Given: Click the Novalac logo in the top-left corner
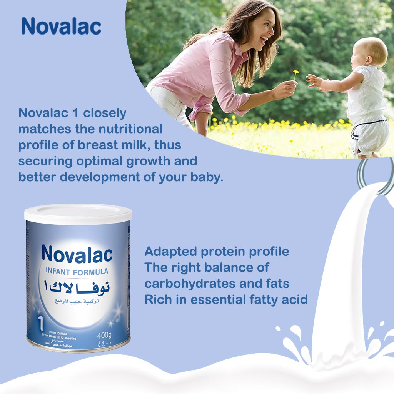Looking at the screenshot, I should pos(61,26).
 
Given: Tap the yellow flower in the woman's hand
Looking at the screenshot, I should pos(295,73).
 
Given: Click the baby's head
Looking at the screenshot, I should pos(369,52).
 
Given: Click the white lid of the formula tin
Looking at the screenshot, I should pos(78,214).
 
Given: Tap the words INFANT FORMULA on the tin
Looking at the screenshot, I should pos(77,272).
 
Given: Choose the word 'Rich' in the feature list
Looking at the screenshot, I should pos(157,299).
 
